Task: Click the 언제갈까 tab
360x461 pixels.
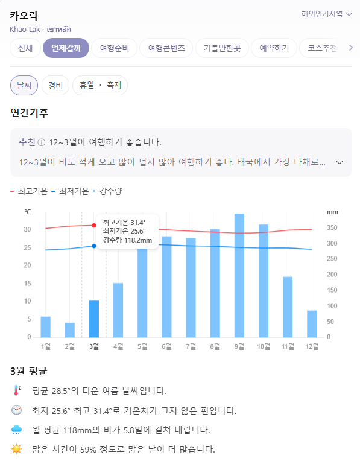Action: [66, 48]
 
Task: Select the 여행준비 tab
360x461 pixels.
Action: [115, 48]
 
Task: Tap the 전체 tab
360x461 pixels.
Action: [25, 48]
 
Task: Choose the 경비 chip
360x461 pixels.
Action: [55, 85]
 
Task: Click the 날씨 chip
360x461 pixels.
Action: [24, 85]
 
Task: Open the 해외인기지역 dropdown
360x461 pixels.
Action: [327, 14]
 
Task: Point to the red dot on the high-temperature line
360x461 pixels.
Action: [94, 225]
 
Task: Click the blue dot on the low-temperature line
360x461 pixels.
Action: [94, 246]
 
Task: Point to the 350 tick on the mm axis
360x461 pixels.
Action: [332, 228]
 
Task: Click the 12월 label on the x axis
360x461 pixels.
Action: [312, 346]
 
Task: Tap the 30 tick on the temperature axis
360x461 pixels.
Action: [28, 229]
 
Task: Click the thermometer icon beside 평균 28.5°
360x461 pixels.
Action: [16, 390]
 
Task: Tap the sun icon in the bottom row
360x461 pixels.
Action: [16, 449]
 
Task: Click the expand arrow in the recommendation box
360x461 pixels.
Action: [339, 162]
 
